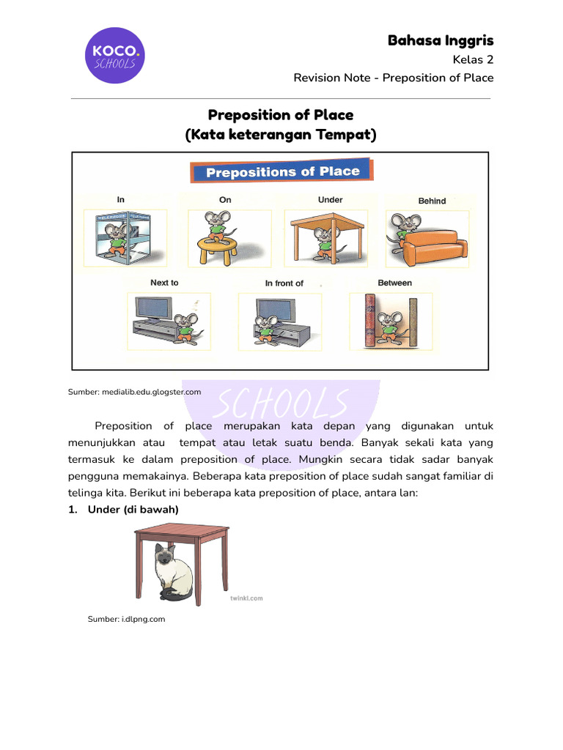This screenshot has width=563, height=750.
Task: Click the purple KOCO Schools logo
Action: click(x=114, y=56)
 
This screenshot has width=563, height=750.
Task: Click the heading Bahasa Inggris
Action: click(x=441, y=40)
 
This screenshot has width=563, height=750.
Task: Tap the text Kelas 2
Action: click(x=474, y=59)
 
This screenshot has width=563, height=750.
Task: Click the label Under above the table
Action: click(x=330, y=199)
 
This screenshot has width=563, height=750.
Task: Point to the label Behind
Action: click(x=432, y=201)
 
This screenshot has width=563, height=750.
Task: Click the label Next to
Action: click(x=164, y=283)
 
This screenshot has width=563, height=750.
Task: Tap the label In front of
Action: click(x=284, y=283)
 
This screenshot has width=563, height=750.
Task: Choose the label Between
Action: click(x=394, y=283)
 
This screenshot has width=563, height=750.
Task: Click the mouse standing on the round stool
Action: click(x=218, y=224)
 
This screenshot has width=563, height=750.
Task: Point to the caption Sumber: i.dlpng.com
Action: click(x=126, y=619)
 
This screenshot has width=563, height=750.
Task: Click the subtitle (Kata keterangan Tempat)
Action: click(x=281, y=135)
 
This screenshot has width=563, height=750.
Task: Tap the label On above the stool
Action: click(x=225, y=199)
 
